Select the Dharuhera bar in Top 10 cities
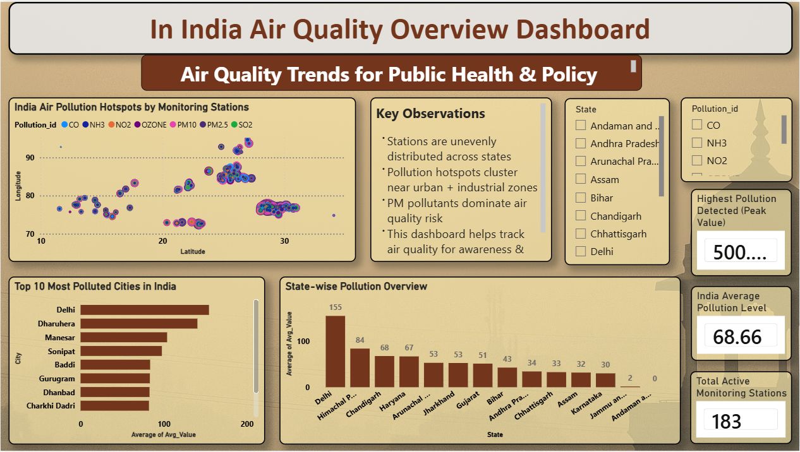click(x=138, y=323)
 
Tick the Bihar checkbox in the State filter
click(x=581, y=198)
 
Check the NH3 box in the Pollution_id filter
click(x=697, y=143)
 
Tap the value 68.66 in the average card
click(x=737, y=336)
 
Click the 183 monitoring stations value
click(x=726, y=421)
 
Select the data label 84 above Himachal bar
click(x=360, y=340)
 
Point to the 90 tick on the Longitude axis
click(x=30, y=157)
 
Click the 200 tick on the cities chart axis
click(x=247, y=424)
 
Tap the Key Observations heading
click(x=430, y=114)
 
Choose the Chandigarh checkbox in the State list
click(x=581, y=216)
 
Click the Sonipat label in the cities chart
click(x=61, y=351)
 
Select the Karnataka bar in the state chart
click(x=606, y=379)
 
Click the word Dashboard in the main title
click(x=583, y=29)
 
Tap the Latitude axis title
click(x=192, y=251)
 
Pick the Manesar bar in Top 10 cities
click(x=123, y=337)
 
